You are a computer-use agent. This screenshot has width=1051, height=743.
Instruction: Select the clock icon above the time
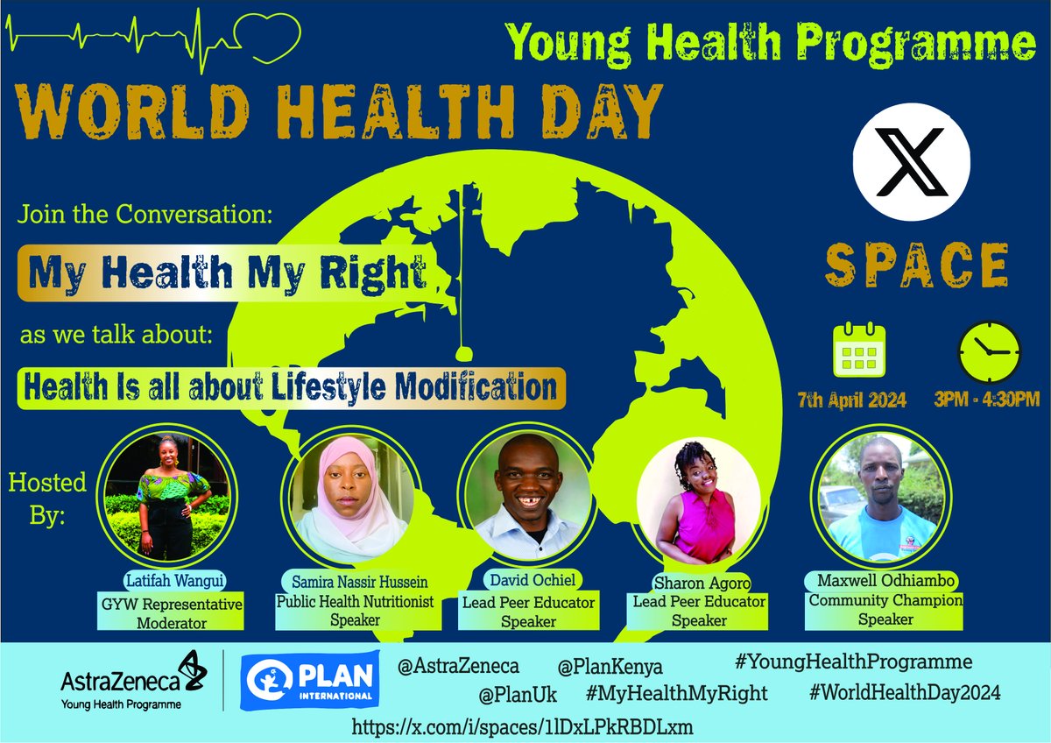click(988, 351)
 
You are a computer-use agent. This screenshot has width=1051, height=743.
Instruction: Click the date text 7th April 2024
click(851, 400)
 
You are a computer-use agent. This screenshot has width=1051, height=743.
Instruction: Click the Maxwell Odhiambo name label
click(885, 581)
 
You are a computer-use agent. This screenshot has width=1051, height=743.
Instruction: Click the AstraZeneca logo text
click(121, 679)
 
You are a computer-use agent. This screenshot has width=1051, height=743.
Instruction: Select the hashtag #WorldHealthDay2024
click(905, 692)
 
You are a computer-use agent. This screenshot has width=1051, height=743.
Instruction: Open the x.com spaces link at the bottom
click(524, 726)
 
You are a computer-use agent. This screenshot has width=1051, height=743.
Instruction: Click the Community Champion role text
click(885, 600)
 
